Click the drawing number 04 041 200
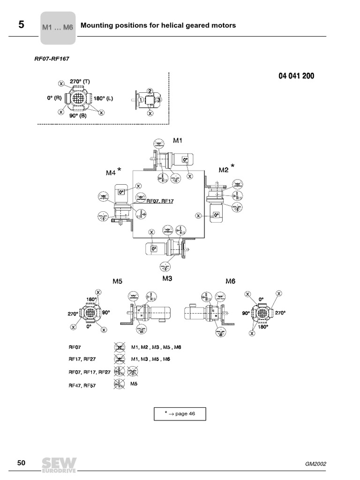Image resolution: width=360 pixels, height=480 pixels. pos(296,76)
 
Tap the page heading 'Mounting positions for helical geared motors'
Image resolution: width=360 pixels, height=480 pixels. pos(158,25)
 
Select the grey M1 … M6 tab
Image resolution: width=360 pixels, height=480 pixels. pos(58,28)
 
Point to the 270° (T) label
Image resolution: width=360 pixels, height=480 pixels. pos(80,82)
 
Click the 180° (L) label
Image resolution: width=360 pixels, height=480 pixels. pos(103,98)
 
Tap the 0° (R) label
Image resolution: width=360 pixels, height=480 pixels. pos(54,98)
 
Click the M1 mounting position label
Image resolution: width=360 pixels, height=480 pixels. pos(178,140)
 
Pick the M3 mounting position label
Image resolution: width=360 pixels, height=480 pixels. pos(168,278)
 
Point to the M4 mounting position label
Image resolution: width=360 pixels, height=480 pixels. pos(111,172)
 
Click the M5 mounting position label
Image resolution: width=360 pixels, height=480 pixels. pos(117,281)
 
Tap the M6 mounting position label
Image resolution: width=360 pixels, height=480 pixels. pos(231,281)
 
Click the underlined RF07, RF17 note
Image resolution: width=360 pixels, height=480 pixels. pos(160,201)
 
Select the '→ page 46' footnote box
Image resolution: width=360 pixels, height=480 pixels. pos(180,414)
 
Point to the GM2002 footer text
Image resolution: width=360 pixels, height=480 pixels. pos(315,464)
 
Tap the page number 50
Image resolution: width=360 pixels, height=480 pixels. pos(21,463)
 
